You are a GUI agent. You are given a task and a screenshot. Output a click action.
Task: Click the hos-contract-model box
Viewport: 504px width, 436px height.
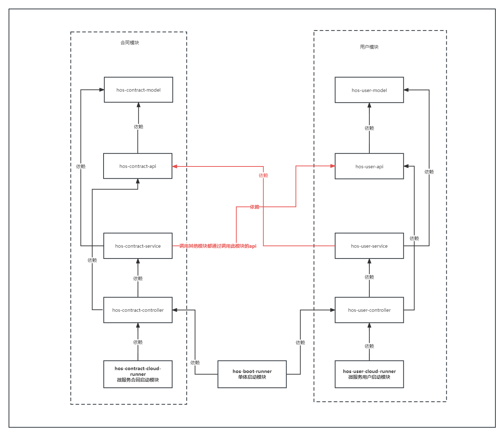[x=138, y=90]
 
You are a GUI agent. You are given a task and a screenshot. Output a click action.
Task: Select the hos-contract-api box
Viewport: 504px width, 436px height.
[x=138, y=166]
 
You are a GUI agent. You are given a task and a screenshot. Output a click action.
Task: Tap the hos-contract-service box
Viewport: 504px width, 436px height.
[x=138, y=246]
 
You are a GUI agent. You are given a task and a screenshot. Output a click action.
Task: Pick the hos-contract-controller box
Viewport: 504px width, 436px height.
[x=138, y=310]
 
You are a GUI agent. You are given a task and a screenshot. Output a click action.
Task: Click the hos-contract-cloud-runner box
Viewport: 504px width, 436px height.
[x=138, y=374]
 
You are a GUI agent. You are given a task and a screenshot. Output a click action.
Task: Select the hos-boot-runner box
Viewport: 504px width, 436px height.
[x=252, y=374]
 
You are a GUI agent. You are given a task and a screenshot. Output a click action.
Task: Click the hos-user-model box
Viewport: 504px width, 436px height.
[x=369, y=90]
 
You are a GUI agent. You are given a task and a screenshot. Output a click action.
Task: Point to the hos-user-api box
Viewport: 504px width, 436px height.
[x=369, y=166]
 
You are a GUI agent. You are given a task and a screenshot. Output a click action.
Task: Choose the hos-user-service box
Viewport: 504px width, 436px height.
[x=369, y=246]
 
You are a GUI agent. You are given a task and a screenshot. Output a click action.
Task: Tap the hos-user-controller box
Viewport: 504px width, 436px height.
[x=369, y=310]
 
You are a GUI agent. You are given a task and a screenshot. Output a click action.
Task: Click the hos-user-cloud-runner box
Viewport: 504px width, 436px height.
[x=369, y=374]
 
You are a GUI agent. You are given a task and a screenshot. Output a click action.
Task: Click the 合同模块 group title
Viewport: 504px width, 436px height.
[x=130, y=43]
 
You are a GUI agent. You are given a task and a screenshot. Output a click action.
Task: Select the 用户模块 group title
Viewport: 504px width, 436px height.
[x=369, y=47]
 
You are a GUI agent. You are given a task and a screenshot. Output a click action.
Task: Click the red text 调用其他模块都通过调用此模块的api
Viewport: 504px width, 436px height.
[x=218, y=246]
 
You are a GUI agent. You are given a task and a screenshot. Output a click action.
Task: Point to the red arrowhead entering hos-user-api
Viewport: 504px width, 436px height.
[x=333, y=166]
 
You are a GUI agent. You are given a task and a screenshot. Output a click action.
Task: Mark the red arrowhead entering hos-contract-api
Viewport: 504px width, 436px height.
[x=175, y=166]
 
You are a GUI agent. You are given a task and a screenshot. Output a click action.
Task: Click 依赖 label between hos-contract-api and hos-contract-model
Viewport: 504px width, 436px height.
[x=138, y=127]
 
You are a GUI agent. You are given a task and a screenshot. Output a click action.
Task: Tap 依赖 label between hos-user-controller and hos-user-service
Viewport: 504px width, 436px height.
[x=369, y=277]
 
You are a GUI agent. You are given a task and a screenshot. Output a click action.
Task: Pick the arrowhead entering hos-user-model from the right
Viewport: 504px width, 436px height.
[x=406, y=90]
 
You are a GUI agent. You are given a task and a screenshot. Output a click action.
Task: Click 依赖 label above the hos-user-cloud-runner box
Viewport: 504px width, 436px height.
[x=369, y=346]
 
